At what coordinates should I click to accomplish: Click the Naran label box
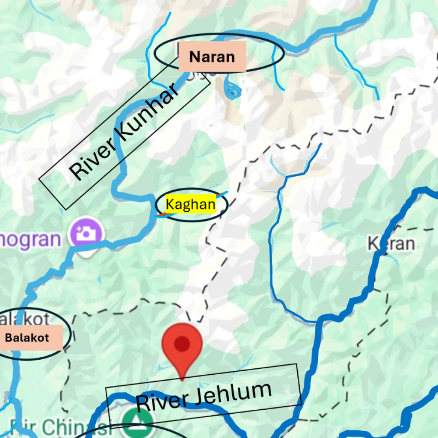pos(212,56)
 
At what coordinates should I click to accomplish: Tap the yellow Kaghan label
pos(191,205)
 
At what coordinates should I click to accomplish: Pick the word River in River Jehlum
pos(157,403)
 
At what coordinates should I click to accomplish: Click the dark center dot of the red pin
pos(182,343)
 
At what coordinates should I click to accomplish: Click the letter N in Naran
pos(195,57)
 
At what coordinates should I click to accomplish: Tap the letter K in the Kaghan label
pos(170,205)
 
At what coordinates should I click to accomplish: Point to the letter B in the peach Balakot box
pos(8,337)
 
